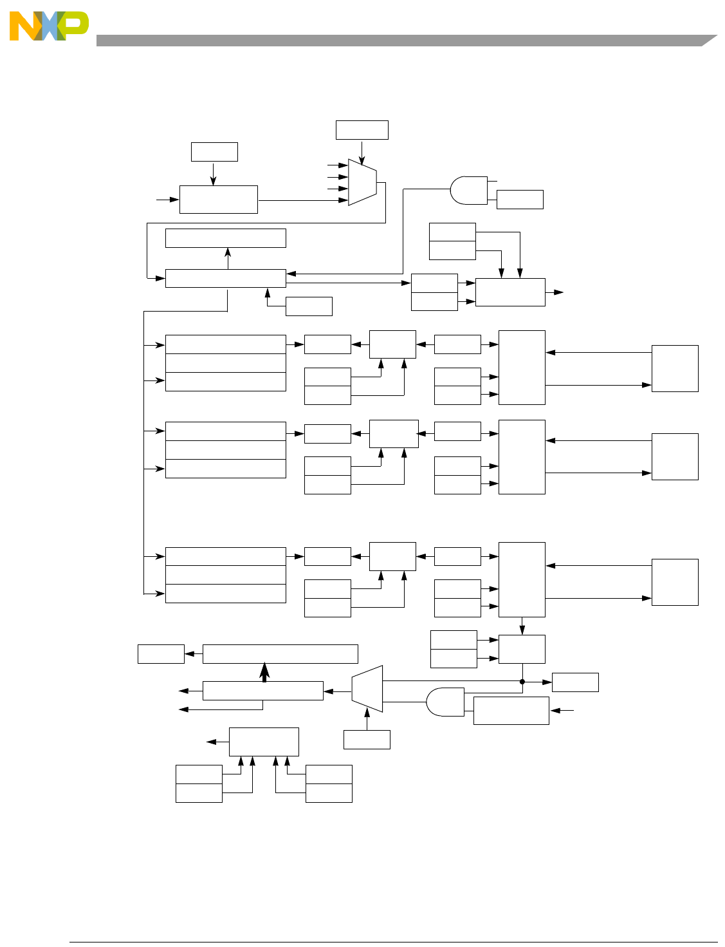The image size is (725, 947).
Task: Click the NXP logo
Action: pyautogui.click(x=49, y=26)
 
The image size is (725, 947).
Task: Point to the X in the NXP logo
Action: pyautogui.click(x=49, y=26)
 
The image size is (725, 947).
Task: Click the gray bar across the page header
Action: pyautogui.click(x=399, y=41)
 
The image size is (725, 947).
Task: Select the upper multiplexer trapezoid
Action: pyautogui.click(x=362, y=182)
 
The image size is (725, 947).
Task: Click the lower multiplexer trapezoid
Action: pyautogui.click(x=367, y=689)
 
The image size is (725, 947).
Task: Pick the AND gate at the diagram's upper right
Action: pyautogui.click(x=469, y=191)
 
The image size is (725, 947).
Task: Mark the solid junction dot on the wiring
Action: pyautogui.click(x=522, y=682)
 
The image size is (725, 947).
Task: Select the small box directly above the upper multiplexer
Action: pyautogui.click(x=362, y=129)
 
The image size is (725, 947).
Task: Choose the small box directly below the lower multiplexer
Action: pyautogui.click(x=367, y=740)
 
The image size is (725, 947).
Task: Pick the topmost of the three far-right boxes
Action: pyautogui.click(x=675, y=368)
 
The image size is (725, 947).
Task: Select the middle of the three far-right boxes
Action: pyautogui.click(x=675, y=456)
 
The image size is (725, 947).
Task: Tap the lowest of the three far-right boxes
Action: pyautogui.click(x=675, y=582)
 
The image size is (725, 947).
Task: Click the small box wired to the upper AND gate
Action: pyautogui.click(x=520, y=200)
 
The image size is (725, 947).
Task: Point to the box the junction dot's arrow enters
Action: pyautogui.click(x=575, y=682)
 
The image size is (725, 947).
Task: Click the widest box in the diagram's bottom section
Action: pyautogui.click(x=280, y=654)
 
